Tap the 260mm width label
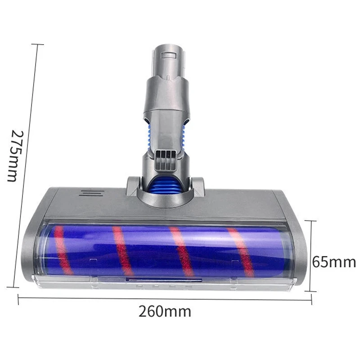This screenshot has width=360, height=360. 166,311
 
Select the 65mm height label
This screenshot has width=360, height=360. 334,261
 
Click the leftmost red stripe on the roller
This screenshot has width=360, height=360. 63,250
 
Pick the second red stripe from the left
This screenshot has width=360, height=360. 123,251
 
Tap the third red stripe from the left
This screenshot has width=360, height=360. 182,251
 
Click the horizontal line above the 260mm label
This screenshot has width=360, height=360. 165,299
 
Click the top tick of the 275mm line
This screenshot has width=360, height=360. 37,44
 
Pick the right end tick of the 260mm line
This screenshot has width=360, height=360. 311,301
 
